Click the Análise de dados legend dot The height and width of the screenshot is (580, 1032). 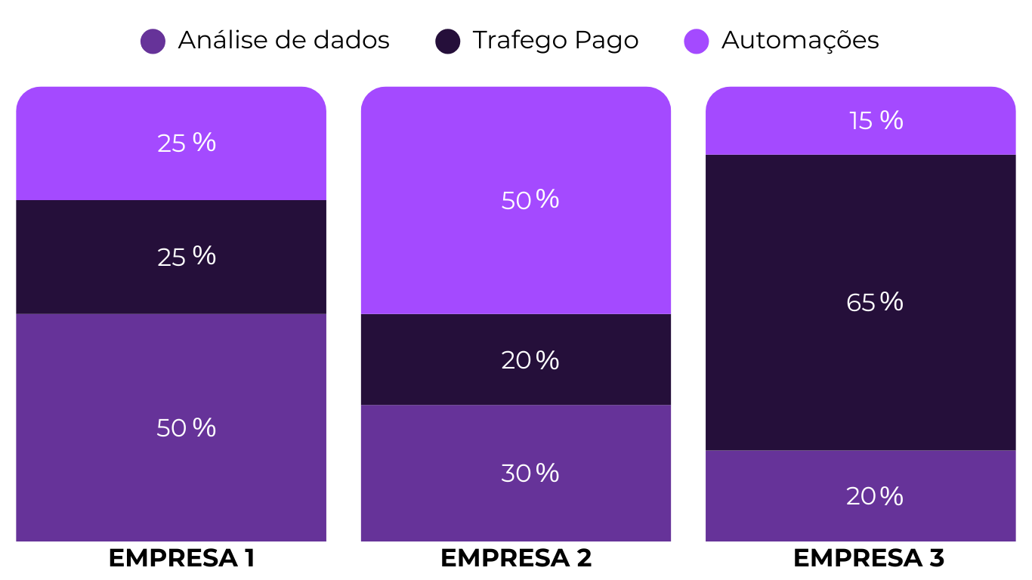click(x=153, y=41)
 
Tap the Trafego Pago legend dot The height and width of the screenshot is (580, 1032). click(x=448, y=41)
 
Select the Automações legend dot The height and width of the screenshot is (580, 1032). click(x=697, y=41)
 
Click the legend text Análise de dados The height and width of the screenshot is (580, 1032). click(x=283, y=40)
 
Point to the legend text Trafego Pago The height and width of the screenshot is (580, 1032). click(x=555, y=40)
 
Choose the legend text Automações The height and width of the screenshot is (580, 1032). click(x=800, y=40)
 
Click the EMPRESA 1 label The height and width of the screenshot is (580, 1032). click(x=181, y=558)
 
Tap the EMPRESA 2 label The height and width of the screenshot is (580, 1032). click(x=516, y=558)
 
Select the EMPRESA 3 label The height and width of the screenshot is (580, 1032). click(x=869, y=558)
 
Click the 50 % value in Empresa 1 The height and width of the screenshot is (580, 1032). click(x=186, y=428)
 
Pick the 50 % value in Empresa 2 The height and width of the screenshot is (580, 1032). click(x=530, y=200)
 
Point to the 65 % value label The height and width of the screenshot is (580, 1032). click(x=875, y=303)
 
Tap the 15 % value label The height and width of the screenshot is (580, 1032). click(x=876, y=121)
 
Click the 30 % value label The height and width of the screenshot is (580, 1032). click(x=530, y=474)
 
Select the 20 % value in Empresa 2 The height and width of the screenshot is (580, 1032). click(x=530, y=360)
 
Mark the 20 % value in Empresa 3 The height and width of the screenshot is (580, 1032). click(x=875, y=496)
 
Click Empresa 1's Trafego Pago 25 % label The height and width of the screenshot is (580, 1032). click(x=186, y=257)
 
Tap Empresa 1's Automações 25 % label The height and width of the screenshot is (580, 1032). click(x=186, y=143)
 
